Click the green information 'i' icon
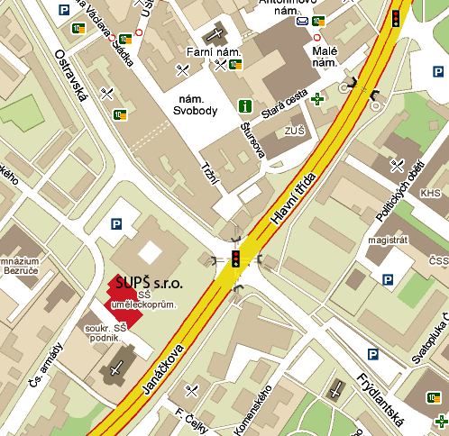(x=244, y=106)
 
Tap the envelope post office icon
(x=302, y=21)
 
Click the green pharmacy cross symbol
(x=316, y=97)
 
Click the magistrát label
(x=388, y=242)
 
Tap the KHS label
(x=430, y=192)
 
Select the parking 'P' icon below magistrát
(x=387, y=281)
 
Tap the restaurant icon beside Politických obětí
(x=398, y=163)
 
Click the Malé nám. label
(x=324, y=57)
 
